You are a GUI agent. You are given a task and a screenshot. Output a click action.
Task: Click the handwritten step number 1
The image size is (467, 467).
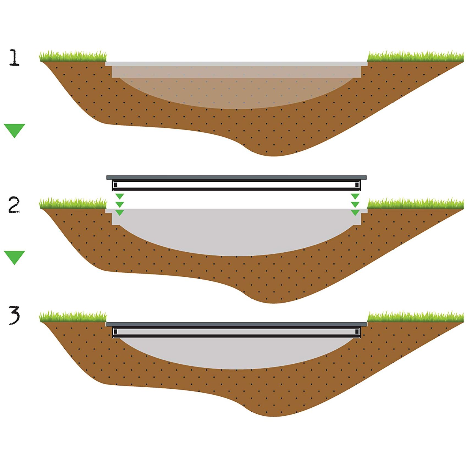[14, 58]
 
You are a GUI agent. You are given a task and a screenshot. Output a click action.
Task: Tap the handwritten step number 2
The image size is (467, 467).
[14, 205]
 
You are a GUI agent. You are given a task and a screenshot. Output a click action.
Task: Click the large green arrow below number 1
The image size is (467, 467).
[14, 130]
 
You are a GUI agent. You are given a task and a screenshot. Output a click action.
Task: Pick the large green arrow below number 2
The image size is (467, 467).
[14, 257]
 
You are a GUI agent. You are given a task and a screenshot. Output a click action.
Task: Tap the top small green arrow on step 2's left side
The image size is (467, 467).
[120, 196]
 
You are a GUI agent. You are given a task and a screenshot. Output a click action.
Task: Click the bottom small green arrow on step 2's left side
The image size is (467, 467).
[120, 212]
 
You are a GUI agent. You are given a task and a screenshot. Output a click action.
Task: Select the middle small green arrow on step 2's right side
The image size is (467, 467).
[355, 204]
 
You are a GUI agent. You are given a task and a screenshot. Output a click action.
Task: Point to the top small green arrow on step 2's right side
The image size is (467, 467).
[355, 196]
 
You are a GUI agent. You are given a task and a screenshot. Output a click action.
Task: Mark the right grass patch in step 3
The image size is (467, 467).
[415, 317]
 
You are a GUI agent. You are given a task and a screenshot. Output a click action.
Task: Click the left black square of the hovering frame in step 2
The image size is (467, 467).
[115, 184]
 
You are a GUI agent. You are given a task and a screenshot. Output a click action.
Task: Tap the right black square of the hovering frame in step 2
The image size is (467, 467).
[357, 184]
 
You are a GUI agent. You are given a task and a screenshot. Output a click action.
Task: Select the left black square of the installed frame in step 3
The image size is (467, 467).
[115, 331]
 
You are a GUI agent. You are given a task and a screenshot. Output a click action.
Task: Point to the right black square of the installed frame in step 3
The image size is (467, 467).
[357, 331]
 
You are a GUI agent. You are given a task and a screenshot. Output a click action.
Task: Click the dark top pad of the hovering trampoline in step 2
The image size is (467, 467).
[236, 177]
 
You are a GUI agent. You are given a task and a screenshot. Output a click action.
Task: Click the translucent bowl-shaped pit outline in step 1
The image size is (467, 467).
[236, 91]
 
